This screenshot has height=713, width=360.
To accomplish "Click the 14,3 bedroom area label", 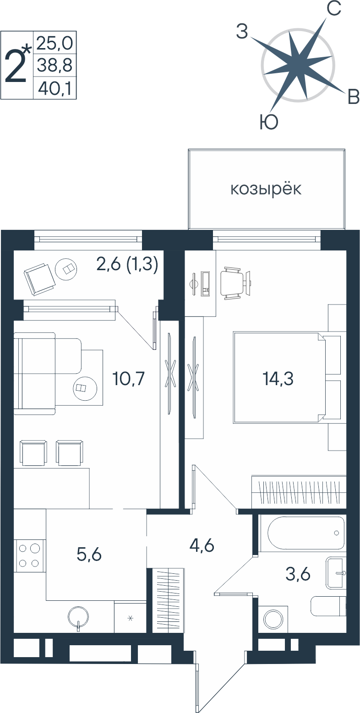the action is (x=278, y=379).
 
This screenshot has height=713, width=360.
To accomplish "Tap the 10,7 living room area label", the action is (x=129, y=379).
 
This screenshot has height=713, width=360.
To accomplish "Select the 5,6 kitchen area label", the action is (x=89, y=555).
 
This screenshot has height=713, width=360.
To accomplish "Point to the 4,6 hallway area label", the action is (x=202, y=545).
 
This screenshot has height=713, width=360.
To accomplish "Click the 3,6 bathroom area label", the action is (x=298, y=574).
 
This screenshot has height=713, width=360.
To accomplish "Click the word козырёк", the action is (x=266, y=189).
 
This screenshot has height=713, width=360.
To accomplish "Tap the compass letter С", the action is (x=334, y=8).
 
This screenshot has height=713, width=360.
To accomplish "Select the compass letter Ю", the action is (x=269, y=122).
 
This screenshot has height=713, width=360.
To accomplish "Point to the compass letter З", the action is (x=242, y=32).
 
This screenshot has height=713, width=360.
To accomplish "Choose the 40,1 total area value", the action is (x=55, y=88).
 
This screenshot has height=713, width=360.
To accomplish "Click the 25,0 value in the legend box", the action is (x=55, y=43).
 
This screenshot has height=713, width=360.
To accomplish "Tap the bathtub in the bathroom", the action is (x=306, y=533).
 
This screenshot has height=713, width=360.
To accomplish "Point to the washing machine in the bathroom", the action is (x=273, y=620).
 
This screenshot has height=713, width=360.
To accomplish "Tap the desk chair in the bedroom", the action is (x=235, y=283).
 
